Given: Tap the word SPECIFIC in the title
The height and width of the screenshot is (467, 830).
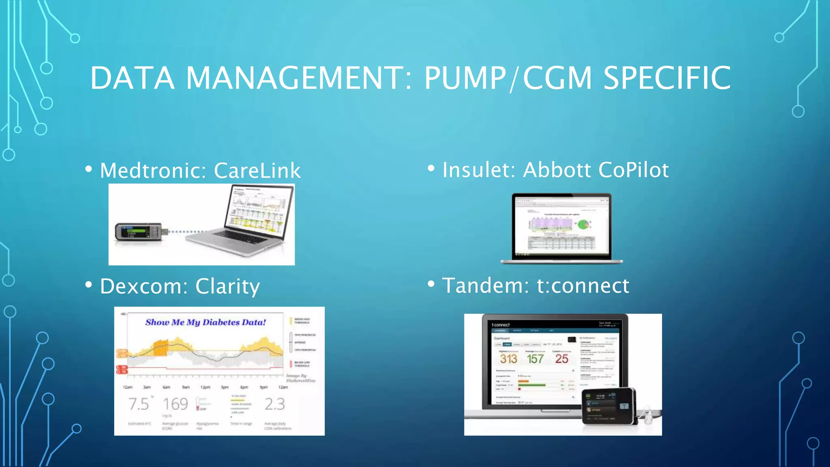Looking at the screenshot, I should pyautogui.click(x=667, y=78).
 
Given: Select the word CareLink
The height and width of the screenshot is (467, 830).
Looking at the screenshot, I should pyautogui.click(x=257, y=170).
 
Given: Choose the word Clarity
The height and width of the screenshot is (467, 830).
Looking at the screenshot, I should pyautogui.click(x=227, y=286).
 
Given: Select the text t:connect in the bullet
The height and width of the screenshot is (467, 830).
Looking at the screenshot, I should pyautogui.click(x=583, y=285).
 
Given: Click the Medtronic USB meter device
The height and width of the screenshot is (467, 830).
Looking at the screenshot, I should pyautogui.click(x=139, y=232).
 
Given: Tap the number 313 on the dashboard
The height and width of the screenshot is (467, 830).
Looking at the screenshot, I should pyautogui.click(x=508, y=359).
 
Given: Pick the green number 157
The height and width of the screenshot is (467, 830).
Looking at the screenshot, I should pyautogui.click(x=535, y=359).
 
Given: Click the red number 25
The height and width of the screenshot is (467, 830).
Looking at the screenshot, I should pyautogui.click(x=562, y=359).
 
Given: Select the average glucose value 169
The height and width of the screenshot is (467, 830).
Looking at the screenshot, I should pyautogui.click(x=175, y=404).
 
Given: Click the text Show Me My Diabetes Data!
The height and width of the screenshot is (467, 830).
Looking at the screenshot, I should pyautogui.click(x=205, y=322).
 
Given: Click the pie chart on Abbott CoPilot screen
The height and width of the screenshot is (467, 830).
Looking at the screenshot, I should pyautogui.click(x=583, y=224).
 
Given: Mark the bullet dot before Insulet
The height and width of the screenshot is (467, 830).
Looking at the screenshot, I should pyautogui.click(x=431, y=168).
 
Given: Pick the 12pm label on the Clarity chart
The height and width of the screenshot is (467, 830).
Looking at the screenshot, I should pyautogui.click(x=205, y=387).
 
